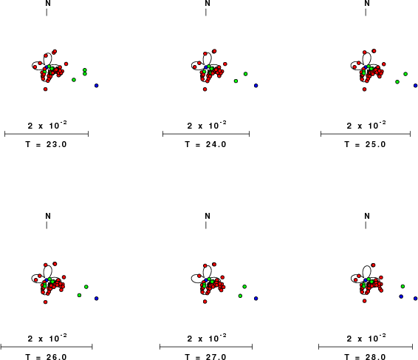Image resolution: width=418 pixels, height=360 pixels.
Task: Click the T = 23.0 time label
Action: (x=46, y=144)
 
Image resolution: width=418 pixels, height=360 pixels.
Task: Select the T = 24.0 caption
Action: (x=205, y=144)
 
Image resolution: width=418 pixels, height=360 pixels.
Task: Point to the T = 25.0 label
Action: (x=365, y=144)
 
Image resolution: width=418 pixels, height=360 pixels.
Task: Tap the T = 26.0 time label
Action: (x=46, y=357)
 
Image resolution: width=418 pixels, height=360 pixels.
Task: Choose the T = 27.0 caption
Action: (x=205, y=357)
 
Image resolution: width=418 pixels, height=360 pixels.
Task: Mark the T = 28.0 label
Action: (x=365, y=357)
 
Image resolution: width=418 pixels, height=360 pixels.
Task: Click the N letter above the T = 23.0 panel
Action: (x=48, y=3)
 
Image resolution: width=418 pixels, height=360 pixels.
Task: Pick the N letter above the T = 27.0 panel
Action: (x=208, y=216)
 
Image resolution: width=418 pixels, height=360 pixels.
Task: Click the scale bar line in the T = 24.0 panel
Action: (x=206, y=134)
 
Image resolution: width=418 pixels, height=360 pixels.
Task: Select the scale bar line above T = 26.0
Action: (x=47, y=347)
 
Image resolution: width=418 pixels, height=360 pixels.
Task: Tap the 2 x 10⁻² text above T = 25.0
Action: (x=366, y=125)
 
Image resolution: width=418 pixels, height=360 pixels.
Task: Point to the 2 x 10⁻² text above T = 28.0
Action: (x=366, y=338)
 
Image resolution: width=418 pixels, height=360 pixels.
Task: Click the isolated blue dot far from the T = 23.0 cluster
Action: (x=97, y=86)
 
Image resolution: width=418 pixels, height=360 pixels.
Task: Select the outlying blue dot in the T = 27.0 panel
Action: (x=256, y=299)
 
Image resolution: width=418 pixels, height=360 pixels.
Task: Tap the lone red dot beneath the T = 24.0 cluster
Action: (x=205, y=89)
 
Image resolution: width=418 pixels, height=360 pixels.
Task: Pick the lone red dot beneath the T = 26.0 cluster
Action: (x=45, y=302)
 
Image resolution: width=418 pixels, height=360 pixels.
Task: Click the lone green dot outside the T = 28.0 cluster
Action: (x=402, y=286)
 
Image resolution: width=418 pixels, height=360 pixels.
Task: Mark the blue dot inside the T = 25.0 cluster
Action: (x=366, y=67)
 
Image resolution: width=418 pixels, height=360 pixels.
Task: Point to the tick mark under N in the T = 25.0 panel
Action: (x=366, y=13)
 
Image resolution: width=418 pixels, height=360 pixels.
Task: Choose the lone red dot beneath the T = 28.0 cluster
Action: (x=364, y=301)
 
